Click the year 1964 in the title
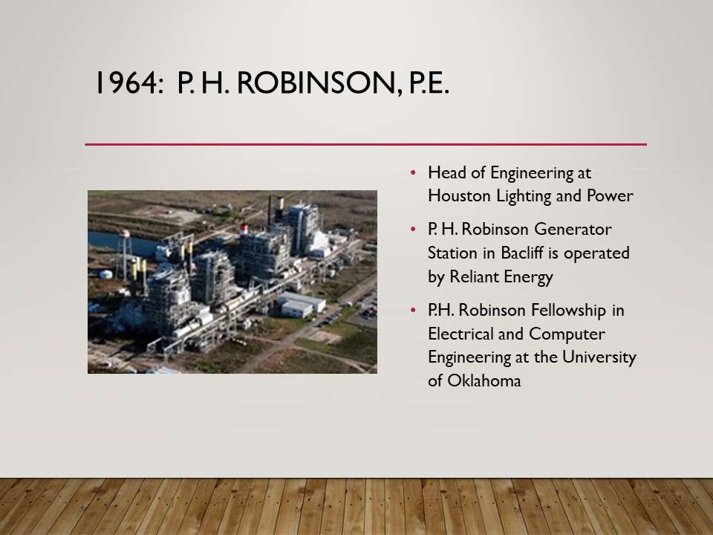129,82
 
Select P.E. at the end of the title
429,82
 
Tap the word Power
610,195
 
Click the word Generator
573,230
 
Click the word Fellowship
568,311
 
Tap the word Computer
567,334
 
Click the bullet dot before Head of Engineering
413,173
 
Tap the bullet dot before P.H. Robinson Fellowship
413,311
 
